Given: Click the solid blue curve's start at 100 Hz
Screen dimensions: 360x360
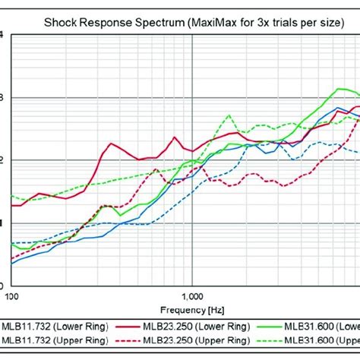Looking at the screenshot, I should point(11,263).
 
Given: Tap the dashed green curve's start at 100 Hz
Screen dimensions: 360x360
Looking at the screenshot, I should point(11,197).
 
